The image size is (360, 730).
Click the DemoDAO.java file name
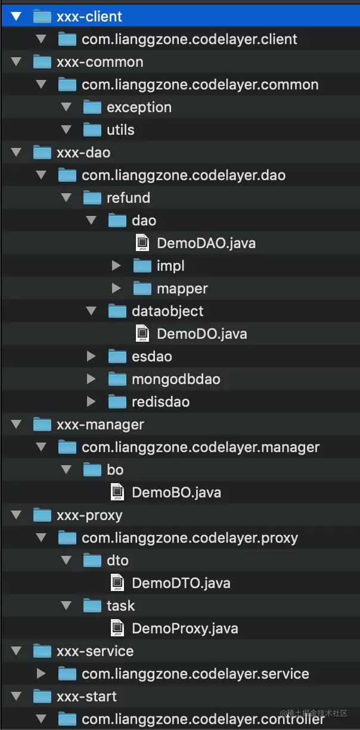(206, 243)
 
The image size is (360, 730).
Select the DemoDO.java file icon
(142, 333)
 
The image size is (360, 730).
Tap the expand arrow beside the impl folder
(116, 265)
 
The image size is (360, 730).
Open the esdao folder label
(152, 357)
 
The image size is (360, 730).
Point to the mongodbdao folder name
(176, 379)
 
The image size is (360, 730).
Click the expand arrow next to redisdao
(91, 401)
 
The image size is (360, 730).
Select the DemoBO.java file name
(176, 493)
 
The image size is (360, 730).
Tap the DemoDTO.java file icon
(117, 583)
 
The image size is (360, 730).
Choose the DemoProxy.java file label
(185, 629)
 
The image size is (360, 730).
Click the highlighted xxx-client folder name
(89, 16)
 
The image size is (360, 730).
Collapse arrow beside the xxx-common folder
(16, 61)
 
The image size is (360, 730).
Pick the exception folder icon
(92, 107)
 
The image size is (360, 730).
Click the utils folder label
(120, 129)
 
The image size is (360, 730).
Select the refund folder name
(128, 198)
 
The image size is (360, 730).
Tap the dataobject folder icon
(117, 311)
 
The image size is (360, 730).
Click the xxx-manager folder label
(100, 425)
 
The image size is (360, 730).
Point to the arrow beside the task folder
(66, 605)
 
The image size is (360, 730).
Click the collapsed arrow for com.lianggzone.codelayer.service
(41, 673)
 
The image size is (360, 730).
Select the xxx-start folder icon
(42, 696)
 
